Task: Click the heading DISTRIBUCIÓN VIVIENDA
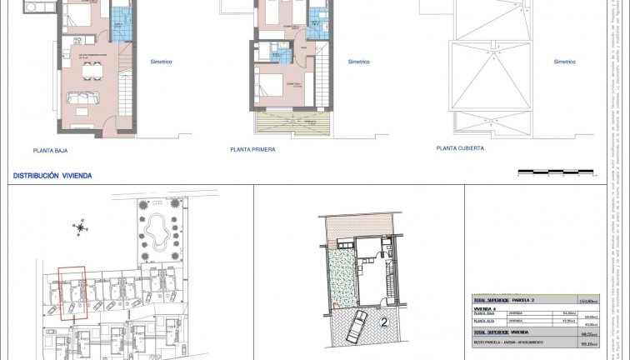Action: (x=52, y=177)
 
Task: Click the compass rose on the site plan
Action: (x=78, y=226)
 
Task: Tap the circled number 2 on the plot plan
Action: (x=384, y=319)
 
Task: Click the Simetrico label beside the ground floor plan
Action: (x=162, y=62)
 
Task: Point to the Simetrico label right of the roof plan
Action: (x=565, y=62)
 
